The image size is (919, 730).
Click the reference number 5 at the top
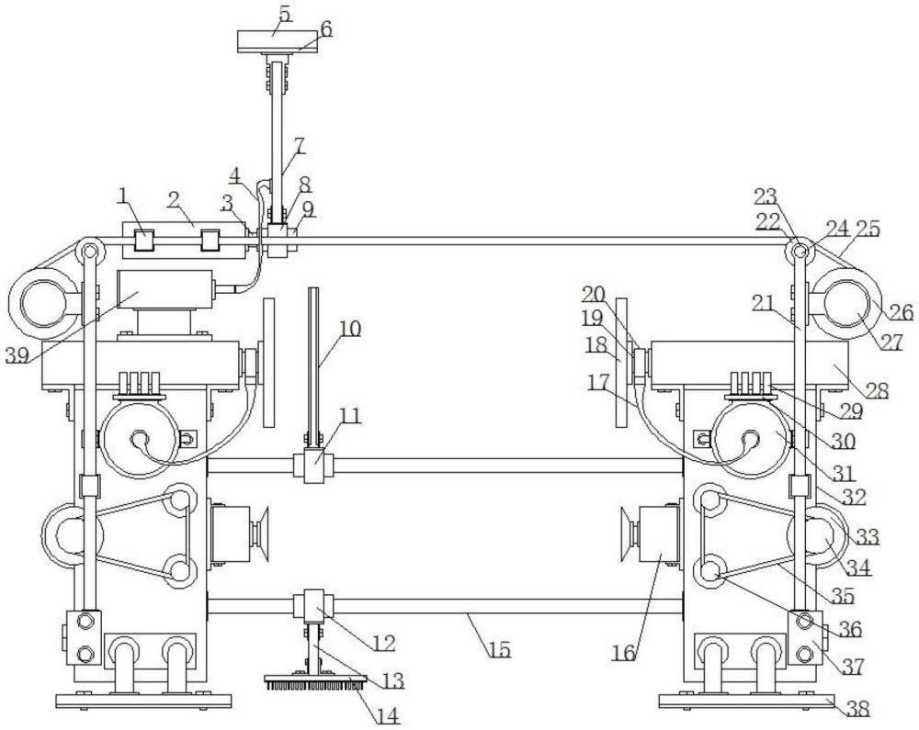[x=285, y=14]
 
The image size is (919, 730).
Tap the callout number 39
[x=17, y=354]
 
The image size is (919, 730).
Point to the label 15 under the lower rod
[x=500, y=649]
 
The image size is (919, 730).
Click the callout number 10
[x=350, y=329]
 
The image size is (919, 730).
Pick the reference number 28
[x=877, y=390]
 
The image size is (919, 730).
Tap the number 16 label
[x=624, y=653]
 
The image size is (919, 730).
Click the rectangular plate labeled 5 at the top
[x=278, y=41]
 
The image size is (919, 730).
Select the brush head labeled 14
[x=316, y=682]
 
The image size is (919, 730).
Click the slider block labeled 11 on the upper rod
[x=314, y=466]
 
